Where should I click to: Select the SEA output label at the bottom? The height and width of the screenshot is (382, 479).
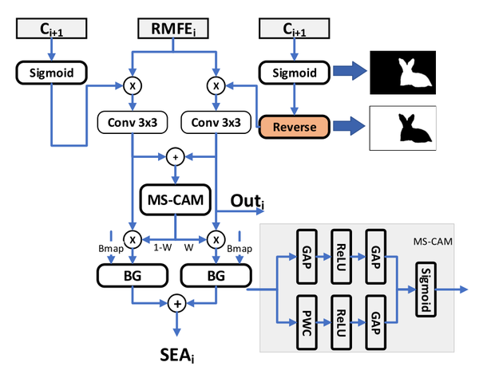[x=176, y=354]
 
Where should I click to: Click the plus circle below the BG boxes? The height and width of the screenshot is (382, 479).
[x=176, y=303]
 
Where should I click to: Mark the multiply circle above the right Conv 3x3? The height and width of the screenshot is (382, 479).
[x=215, y=85]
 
